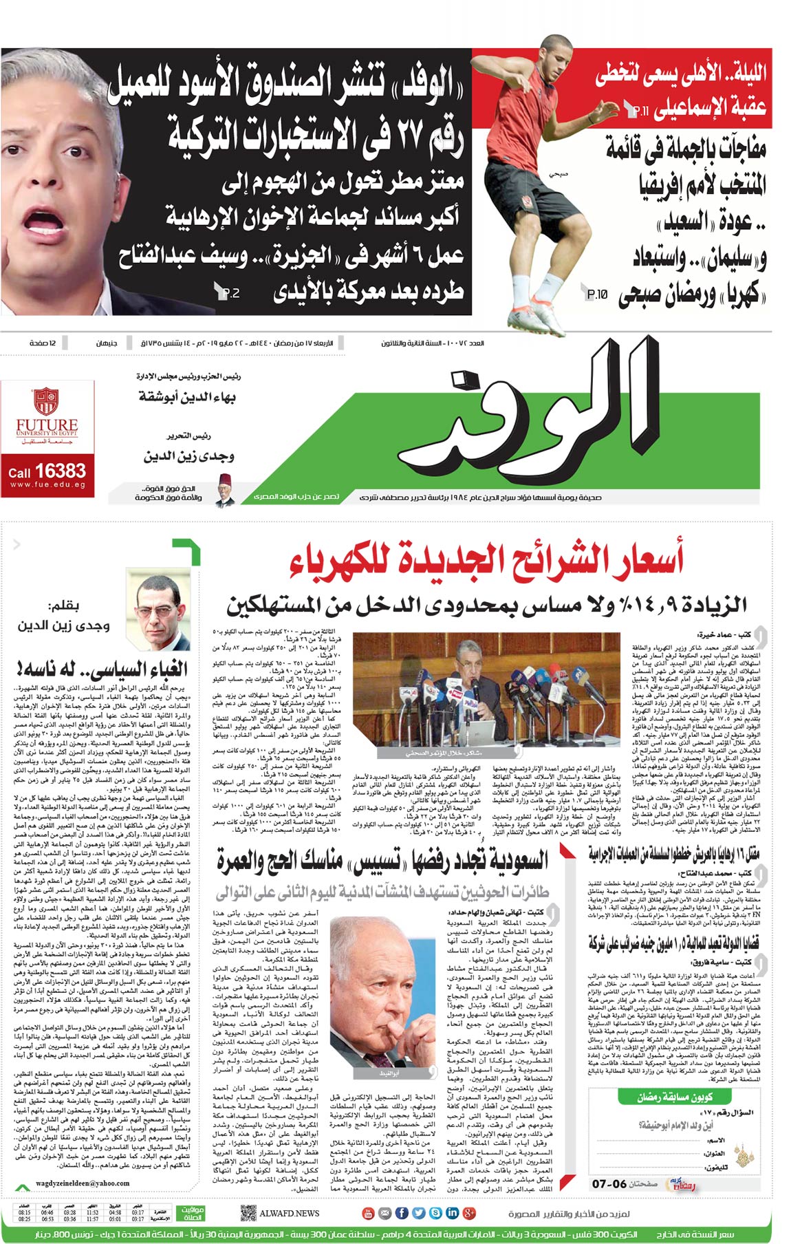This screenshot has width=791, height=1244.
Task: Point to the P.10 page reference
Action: (x=596, y=294)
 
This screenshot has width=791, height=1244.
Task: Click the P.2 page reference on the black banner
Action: (x=227, y=292)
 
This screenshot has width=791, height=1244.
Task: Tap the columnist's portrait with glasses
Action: (x=163, y=613)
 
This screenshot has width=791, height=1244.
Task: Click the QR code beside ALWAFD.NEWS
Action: (x=248, y=1213)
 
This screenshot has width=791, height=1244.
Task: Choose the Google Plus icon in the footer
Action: (x=469, y=1213)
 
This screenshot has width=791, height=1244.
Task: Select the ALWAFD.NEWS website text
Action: (x=290, y=1213)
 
